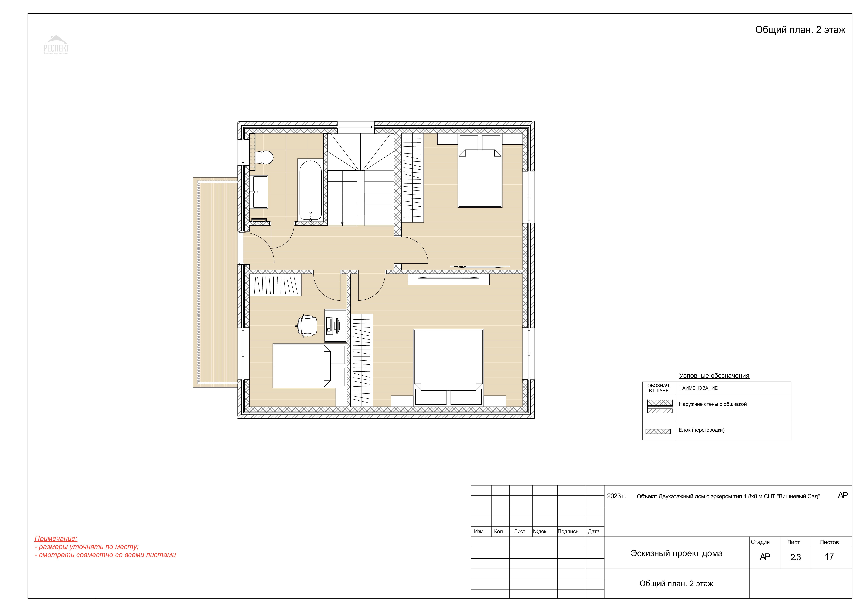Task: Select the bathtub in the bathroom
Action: point(310,190)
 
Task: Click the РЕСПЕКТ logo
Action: point(56,45)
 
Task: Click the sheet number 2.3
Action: point(795,557)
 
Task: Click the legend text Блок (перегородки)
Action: point(701,430)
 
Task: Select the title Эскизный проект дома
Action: point(677,553)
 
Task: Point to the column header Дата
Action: point(594,531)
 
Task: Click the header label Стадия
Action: point(760,542)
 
